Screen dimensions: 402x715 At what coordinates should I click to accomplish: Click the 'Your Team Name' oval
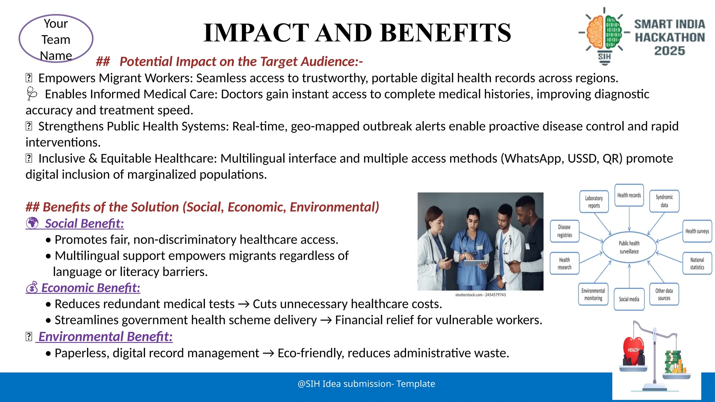[56, 39]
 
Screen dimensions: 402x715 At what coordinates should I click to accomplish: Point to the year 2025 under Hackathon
[669, 51]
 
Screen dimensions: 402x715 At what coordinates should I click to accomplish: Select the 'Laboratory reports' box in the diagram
[594, 202]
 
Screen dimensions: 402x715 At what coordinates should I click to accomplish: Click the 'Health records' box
[629, 195]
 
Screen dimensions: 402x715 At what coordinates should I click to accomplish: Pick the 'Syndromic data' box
[664, 201]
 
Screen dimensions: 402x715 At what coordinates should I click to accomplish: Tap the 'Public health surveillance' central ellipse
[629, 247]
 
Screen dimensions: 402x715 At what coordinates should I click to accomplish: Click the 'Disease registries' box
[565, 231]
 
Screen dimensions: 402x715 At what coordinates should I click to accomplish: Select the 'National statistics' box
[697, 263]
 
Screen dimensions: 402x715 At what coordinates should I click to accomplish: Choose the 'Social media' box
[629, 299]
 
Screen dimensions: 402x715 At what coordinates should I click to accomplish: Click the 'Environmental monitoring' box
[593, 295]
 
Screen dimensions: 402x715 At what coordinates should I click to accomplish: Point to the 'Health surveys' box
[697, 231]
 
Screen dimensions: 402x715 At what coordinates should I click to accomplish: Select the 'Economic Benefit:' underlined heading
[90, 288]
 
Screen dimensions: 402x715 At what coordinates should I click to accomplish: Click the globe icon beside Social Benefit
[32, 223]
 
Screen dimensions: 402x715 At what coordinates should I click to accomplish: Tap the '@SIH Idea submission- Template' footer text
[366, 384]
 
